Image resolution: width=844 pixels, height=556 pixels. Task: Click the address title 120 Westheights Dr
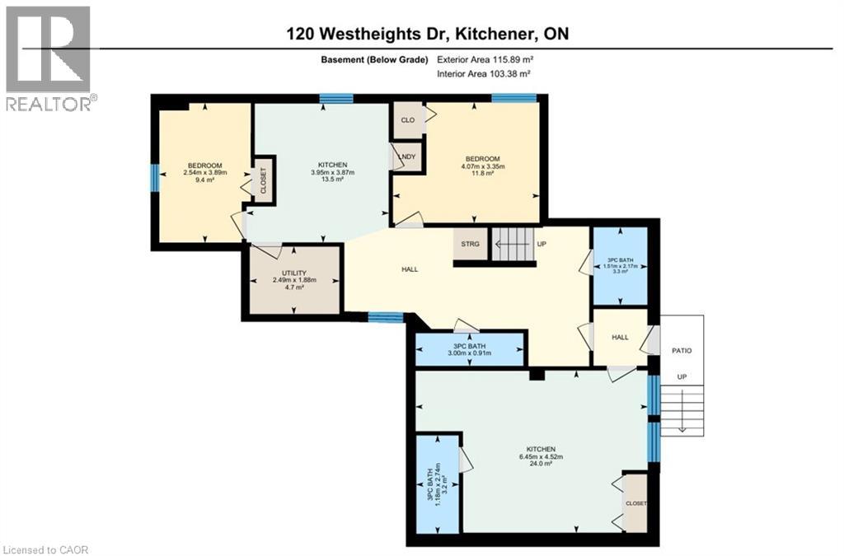pyautogui.click(x=428, y=34)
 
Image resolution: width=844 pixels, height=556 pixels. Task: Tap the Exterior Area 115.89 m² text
pyautogui.click(x=484, y=59)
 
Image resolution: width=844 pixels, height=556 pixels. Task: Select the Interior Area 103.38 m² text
pyautogui.click(x=483, y=74)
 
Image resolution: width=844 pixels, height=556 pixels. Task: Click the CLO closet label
pyautogui.click(x=407, y=119)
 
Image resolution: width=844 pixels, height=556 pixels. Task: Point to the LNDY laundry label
pyautogui.click(x=406, y=157)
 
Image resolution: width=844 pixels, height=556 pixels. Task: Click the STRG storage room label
pyautogui.click(x=470, y=244)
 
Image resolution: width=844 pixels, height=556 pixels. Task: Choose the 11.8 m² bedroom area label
pyautogui.click(x=481, y=174)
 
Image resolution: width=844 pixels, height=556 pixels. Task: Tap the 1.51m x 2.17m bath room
pyautogui.click(x=621, y=265)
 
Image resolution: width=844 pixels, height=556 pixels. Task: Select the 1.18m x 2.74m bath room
pyautogui.click(x=438, y=483)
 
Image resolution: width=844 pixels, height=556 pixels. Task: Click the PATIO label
pyautogui.click(x=682, y=351)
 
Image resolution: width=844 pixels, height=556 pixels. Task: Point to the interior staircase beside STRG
pyautogui.click(x=512, y=244)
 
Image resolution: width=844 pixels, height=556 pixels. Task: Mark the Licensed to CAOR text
pyautogui.click(x=45, y=549)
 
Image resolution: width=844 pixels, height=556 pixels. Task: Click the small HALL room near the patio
pyautogui.click(x=620, y=336)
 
